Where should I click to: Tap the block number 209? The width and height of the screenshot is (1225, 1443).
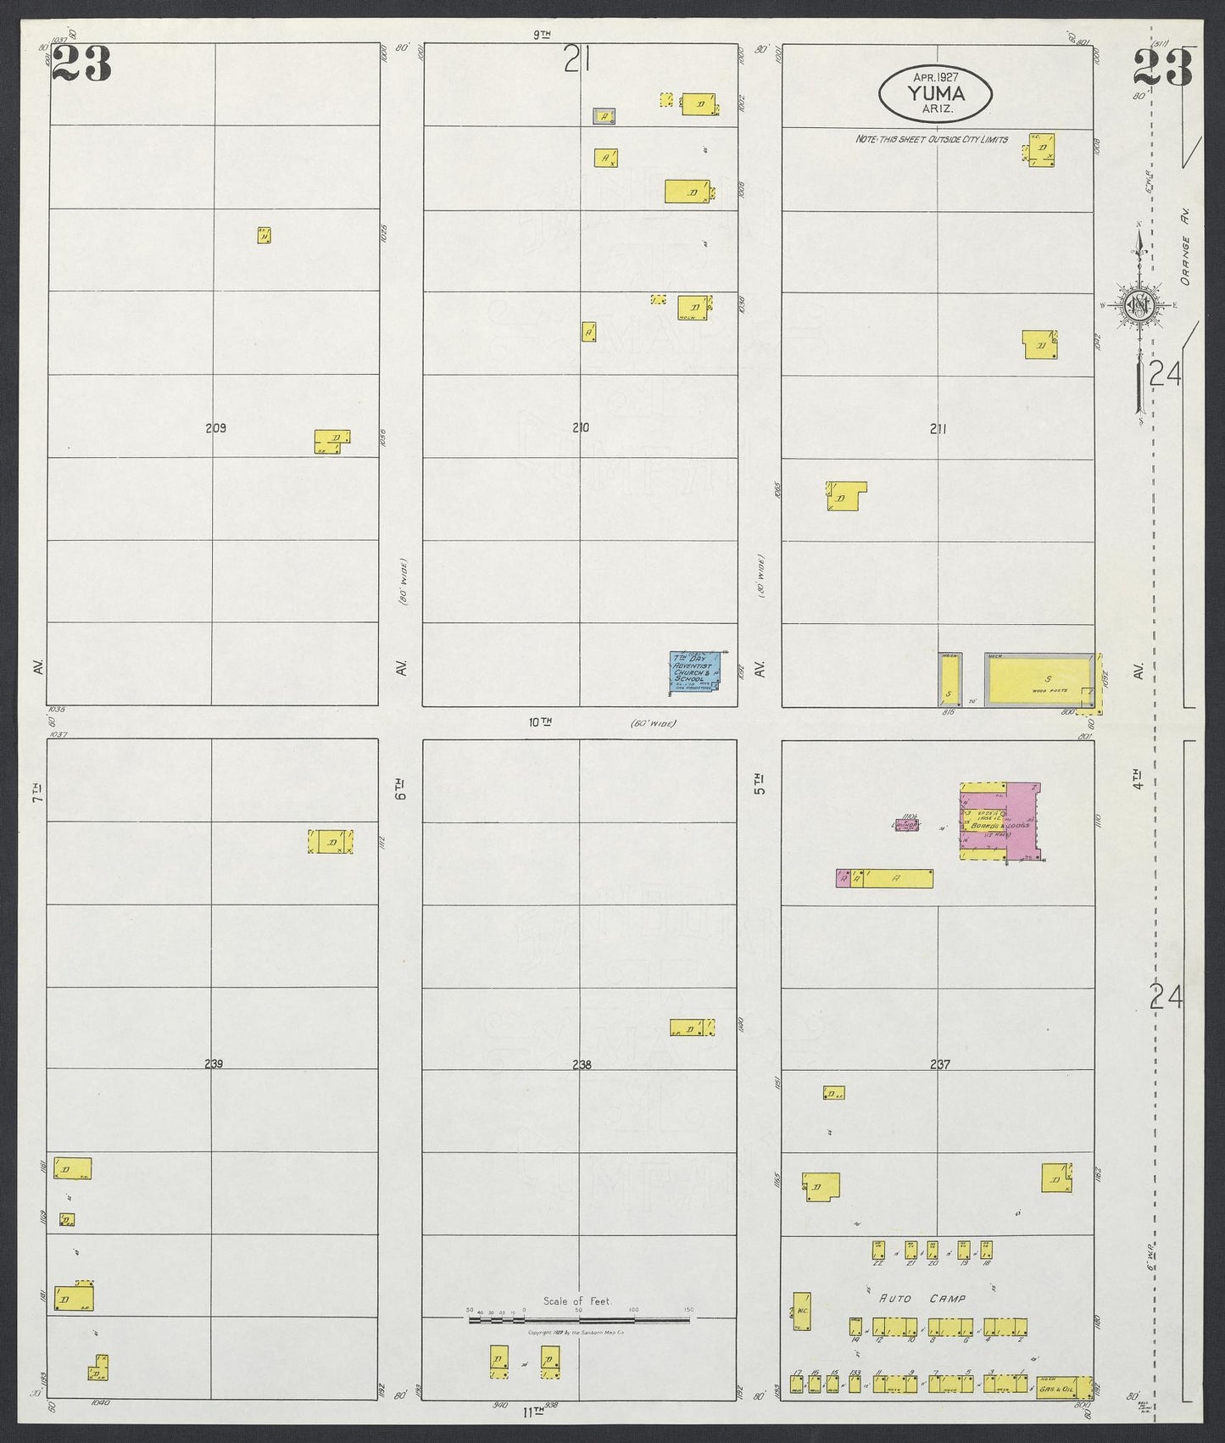coord(216,428)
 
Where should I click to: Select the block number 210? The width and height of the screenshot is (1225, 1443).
coord(580,428)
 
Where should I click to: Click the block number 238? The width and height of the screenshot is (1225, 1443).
coord(580,1064)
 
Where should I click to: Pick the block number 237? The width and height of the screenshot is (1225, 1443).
coord(939,1064)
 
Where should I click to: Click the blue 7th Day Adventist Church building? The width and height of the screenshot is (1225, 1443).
coord(695,672)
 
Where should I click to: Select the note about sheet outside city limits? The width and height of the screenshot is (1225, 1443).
coord(931,139)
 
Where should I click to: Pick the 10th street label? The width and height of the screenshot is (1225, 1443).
coord(540,722)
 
